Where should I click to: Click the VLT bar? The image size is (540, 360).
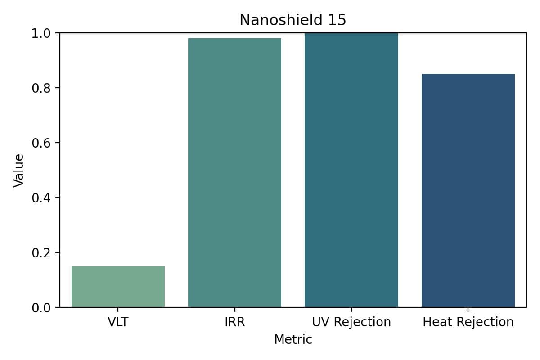pos(118,287)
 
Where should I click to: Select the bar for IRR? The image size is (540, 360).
pos(234,173)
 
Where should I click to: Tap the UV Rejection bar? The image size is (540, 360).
pos(351,170)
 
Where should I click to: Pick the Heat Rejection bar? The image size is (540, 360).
pos(468,190)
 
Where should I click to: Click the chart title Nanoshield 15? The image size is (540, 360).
pos(292,20)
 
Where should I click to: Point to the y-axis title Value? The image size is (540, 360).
pos(18,170)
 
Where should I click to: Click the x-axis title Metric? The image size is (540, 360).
pos(293,339)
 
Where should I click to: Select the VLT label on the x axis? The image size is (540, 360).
pos(118,322)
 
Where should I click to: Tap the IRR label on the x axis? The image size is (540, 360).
pos(234,322)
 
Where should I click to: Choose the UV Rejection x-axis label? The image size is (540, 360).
pos(351,322)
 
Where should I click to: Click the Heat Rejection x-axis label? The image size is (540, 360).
pos(468,322)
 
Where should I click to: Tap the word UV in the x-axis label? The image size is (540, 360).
pos(320,322)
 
